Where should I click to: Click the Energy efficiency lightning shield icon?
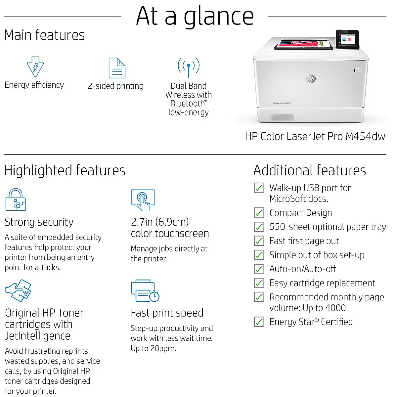(x=35, y=66)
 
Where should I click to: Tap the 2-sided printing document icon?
(x=117, y=68)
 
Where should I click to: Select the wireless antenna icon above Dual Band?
(x=189, y=68)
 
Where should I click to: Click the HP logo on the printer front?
(x=311, y=78)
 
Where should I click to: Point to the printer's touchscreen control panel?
(x=348, y=39)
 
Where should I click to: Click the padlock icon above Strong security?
(x=16, y=199)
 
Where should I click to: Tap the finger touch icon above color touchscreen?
(x=143, y=200)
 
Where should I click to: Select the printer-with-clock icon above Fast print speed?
(x=145, y=291)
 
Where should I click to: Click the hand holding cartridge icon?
(x=18, y=290)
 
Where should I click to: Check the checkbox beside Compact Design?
(x=259, y=212)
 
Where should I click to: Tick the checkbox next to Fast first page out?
(x=259, y=241)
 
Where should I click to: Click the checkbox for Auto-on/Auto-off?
(x=259, y=269)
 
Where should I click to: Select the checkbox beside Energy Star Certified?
(x=259, y=322)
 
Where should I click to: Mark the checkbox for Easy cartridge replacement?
(x=259, y=283)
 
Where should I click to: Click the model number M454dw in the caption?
(x=366, y=136)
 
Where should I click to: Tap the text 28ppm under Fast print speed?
(x=163, y=348)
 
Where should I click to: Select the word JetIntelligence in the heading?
(x=38, y=336)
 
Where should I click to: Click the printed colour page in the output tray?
(x=303, y=44)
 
